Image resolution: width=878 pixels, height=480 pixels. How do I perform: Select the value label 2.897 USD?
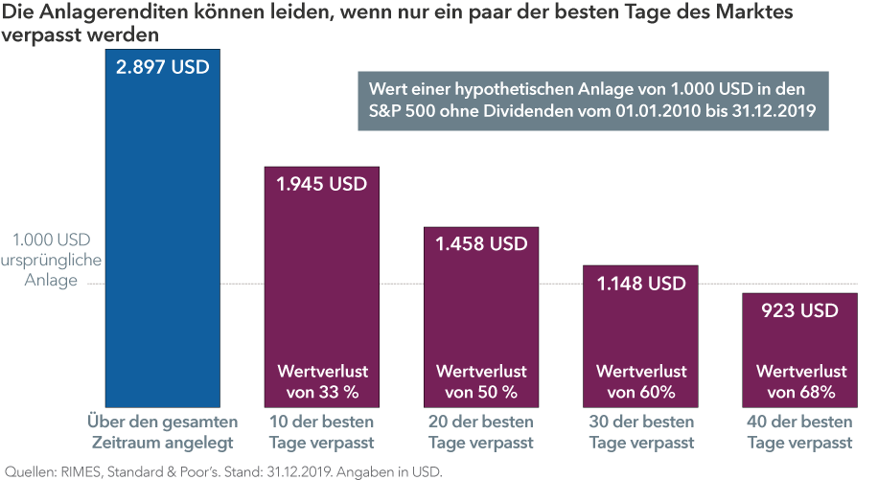click(x=163, y=68)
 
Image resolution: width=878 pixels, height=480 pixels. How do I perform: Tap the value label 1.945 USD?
click(x=322, y=184)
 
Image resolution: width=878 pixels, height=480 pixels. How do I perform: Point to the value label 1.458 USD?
click(x=481, y=243)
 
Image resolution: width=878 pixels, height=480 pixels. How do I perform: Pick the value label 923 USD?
click(x=800, y=310)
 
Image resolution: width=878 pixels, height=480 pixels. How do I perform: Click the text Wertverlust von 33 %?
click(x=322, y=381)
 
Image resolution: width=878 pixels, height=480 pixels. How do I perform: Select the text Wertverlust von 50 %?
click(x=481, y=381)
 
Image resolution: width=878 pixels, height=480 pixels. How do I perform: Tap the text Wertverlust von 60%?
click(x=641, y=381)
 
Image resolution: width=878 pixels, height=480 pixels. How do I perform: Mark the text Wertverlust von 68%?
click(x=800, y=381)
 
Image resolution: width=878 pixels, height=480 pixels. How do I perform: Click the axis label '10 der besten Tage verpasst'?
click(x=322, y=432)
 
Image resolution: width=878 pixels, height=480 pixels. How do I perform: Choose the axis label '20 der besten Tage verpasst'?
click(x=481, y=432)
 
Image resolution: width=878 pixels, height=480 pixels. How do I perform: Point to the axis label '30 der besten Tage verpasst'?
click(x=641, y=432)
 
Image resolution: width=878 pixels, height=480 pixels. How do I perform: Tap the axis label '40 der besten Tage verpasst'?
click(x=800, y=432)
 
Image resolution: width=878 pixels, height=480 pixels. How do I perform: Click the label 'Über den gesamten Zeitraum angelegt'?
click(x=163, y=432)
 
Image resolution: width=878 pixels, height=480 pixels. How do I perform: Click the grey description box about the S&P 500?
click(x=591, y=100)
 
